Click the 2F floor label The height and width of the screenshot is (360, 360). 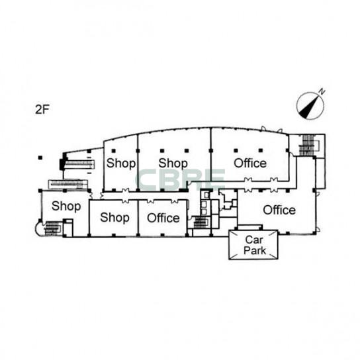coord(42,109)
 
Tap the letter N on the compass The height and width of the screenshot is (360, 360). coord(322,91)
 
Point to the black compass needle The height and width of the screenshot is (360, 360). coord(309,107)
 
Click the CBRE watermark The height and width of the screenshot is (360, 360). coord(180,180)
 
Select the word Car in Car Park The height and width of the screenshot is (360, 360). coord(254,240)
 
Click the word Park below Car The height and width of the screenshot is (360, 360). coord(255,250)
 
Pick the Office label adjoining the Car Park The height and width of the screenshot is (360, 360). coord(279,210)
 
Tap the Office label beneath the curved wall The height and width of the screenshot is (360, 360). coord(250,163)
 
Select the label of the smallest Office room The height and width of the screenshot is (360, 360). coord(163,218)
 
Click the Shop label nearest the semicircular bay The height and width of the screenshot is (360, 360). coord(66,206)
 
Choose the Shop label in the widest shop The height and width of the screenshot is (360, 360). coord(173,163)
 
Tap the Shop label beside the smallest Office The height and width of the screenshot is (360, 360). coord(114,217)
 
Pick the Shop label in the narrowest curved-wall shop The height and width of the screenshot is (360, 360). coord(121,163)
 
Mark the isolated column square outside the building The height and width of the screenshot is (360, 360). coord(40,157)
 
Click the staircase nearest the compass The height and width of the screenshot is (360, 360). coord(308,145)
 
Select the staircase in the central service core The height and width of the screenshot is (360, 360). coord(201,222)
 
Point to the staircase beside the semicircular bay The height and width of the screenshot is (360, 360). coord(53,228)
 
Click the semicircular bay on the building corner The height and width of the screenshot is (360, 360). coord(38,228)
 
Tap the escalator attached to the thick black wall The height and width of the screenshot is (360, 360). coord(79,164)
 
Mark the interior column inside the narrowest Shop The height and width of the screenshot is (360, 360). coord(114,151)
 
